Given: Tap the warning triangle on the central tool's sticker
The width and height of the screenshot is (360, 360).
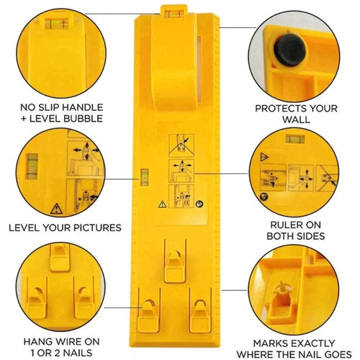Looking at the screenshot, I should tap(158, 203).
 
